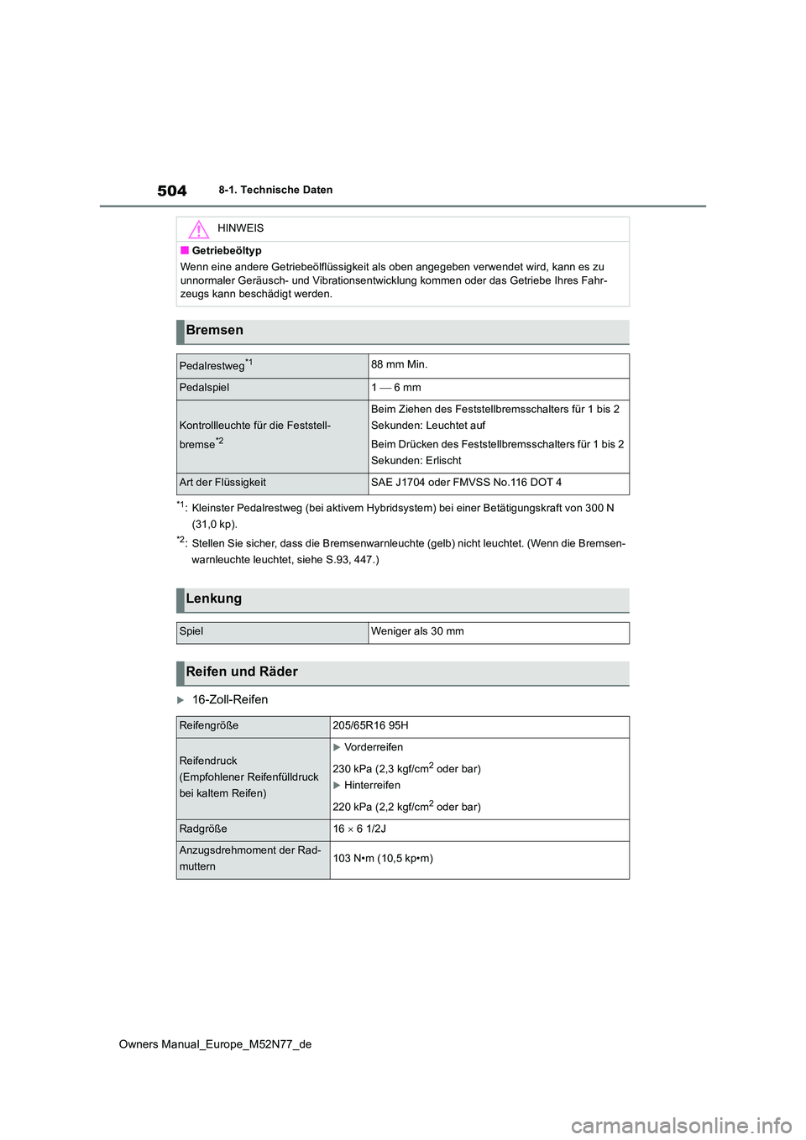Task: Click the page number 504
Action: (x=172, y=191)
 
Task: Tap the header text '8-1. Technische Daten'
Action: (x=275, y=190)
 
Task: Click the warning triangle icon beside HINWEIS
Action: (x=198, y=229)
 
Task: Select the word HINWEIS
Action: (x=240, y=228)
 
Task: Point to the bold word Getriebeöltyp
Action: (x=227, y=251)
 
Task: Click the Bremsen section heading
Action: (x=215, y=331)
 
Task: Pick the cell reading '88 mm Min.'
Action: (x=400, y=364)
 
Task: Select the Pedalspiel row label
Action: (x=204, y=388)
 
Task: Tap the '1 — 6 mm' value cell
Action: (x=396, y=388)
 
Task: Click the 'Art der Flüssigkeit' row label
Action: (x=222, y=483)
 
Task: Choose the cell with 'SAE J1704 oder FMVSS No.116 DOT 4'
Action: (x=466, y=483)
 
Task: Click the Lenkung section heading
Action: (x=214, y=599)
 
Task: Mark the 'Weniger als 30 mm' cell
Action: (x=417, y=631)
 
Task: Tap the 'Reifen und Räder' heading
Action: (x=242, y=672)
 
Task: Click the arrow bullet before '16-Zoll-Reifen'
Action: (x=181, y=700)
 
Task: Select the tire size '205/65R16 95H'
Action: (x=370, y=726)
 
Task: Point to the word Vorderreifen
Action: (x=374, y=747)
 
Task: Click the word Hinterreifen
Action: (x=372, y=786)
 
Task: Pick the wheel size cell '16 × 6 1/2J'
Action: (x=359, y=829)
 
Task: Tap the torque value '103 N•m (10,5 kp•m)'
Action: (x=383, y=859)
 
